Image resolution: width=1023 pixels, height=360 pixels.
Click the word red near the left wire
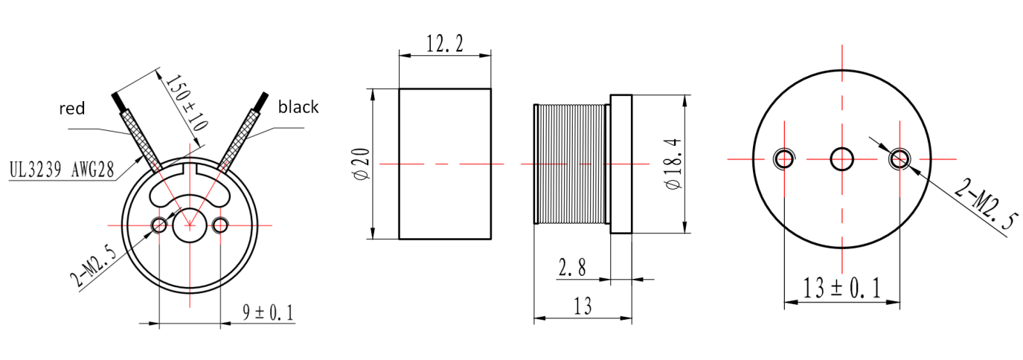click(x=71, y=109)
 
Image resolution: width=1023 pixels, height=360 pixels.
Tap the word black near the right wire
click(x=298, y=107)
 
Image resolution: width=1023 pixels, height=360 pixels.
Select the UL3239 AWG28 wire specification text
click(x=62, y=170)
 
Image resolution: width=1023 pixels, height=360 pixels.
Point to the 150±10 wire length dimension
click(x=186, y=103)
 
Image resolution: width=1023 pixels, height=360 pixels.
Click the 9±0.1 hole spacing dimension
click(x=268, y=312)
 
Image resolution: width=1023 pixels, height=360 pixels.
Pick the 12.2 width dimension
click(x=445, y=44)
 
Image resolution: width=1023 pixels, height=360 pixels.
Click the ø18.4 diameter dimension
click(x=674, y=164)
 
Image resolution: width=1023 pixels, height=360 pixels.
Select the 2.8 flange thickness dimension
click(x=572, y=267)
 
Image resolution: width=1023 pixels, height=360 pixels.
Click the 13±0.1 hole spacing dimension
click(x=841, y=289)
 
